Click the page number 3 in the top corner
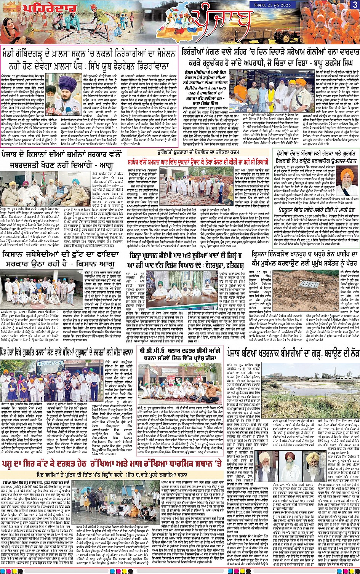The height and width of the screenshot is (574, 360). tap(355, 5)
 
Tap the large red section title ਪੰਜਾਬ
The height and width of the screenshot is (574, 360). tap(221, 23)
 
